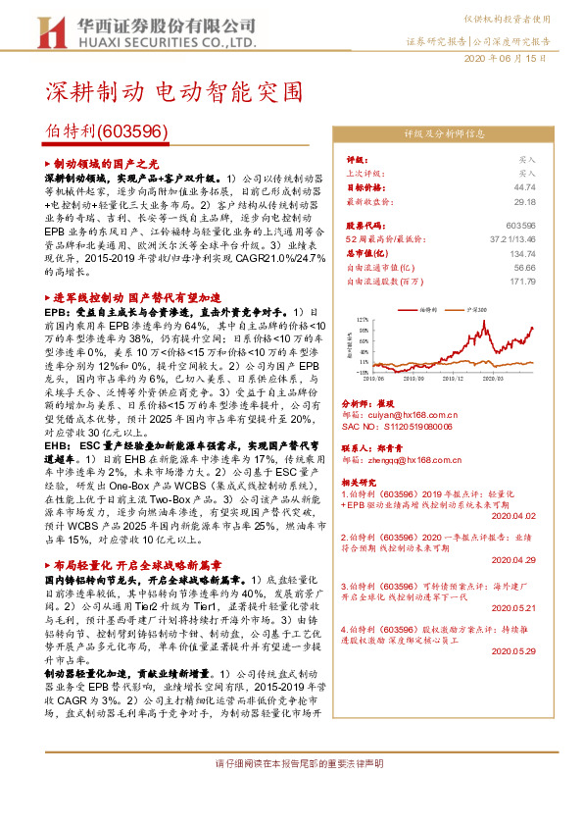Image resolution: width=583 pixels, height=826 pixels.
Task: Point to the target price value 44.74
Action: [524, 186]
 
